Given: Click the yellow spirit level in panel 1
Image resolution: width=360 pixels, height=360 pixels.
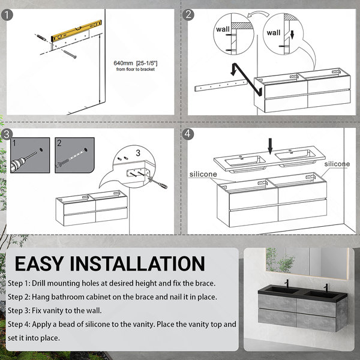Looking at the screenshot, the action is (76, 31).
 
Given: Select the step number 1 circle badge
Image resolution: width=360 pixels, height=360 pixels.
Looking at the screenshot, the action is (7, 14).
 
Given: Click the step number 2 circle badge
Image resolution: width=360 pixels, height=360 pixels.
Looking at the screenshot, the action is (188, 14).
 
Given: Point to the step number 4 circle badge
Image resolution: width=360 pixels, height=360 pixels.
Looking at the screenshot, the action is (188, 134).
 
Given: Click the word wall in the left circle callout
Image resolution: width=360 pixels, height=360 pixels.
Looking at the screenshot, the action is (223, 29).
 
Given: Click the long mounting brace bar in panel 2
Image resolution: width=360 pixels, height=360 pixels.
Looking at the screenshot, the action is (220, 85).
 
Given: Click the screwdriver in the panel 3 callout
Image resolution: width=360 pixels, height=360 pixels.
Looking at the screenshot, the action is (158, 182).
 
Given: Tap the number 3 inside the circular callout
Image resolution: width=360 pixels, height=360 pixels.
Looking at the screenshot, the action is (138, 153).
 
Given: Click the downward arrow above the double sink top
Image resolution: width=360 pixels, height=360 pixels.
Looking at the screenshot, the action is (270, 146).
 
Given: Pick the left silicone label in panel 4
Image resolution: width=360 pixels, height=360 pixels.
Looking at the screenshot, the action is (203, 174).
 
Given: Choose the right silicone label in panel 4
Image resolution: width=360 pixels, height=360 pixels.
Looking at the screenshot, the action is (337, 164).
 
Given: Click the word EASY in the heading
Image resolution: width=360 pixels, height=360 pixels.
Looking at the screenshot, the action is (39, 263).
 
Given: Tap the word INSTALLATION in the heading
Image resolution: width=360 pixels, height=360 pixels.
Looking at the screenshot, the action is (137, 263).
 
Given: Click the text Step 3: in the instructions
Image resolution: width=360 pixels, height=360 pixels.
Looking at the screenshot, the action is (19, 311).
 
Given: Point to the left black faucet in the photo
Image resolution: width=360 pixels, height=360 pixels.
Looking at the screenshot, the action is (286, 284).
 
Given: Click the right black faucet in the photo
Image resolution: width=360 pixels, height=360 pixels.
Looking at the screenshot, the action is (326, 288).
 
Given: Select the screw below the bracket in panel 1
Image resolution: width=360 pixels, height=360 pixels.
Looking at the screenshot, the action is (70, 55).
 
